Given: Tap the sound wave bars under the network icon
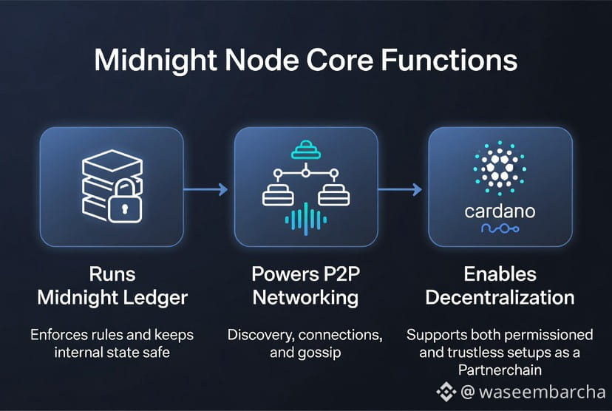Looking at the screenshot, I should point(305,219).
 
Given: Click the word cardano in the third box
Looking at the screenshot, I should point(500,211).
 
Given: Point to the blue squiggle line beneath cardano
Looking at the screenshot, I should point(500,231).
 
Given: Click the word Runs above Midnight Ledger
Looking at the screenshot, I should point(112,274).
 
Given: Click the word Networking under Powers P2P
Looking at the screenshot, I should point(305,298).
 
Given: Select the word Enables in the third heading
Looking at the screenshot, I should point(500,274).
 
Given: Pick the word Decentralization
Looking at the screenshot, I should point(500,298).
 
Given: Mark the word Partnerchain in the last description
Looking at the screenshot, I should point(500,370).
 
